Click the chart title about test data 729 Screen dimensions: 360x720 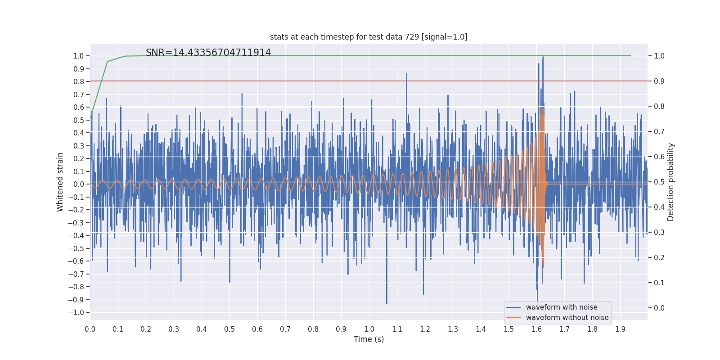(x=369, y=37)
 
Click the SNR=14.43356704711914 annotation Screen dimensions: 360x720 (x=208, y=53)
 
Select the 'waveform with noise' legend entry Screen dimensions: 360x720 (x=562, y=307)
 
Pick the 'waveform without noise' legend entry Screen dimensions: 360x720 (x=567, y=318)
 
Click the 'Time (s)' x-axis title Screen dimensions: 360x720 (x=369, y=339)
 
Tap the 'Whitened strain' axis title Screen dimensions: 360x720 (x=60, y=182)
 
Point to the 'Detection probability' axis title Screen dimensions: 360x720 (x=671, y=182)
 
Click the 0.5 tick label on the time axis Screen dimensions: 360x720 (x=229, y=329)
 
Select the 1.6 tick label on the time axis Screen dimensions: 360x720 (x=536, y=329)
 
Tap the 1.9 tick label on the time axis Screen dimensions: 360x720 (x=620, y=329)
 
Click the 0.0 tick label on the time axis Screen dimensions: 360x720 (x=90, y=329)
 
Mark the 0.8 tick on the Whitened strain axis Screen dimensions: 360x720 (x=79, y=81)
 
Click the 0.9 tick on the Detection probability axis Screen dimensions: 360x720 (x=659, y=81)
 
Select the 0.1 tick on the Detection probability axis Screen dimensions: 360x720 (x=659, y=283)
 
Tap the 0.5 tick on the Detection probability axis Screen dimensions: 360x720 (x=659, y=182)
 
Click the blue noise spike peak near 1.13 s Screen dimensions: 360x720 (x=406, y=74)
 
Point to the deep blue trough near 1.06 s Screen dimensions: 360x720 (x=387, y=303)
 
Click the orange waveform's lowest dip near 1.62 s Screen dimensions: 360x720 (x=544, y=267)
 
